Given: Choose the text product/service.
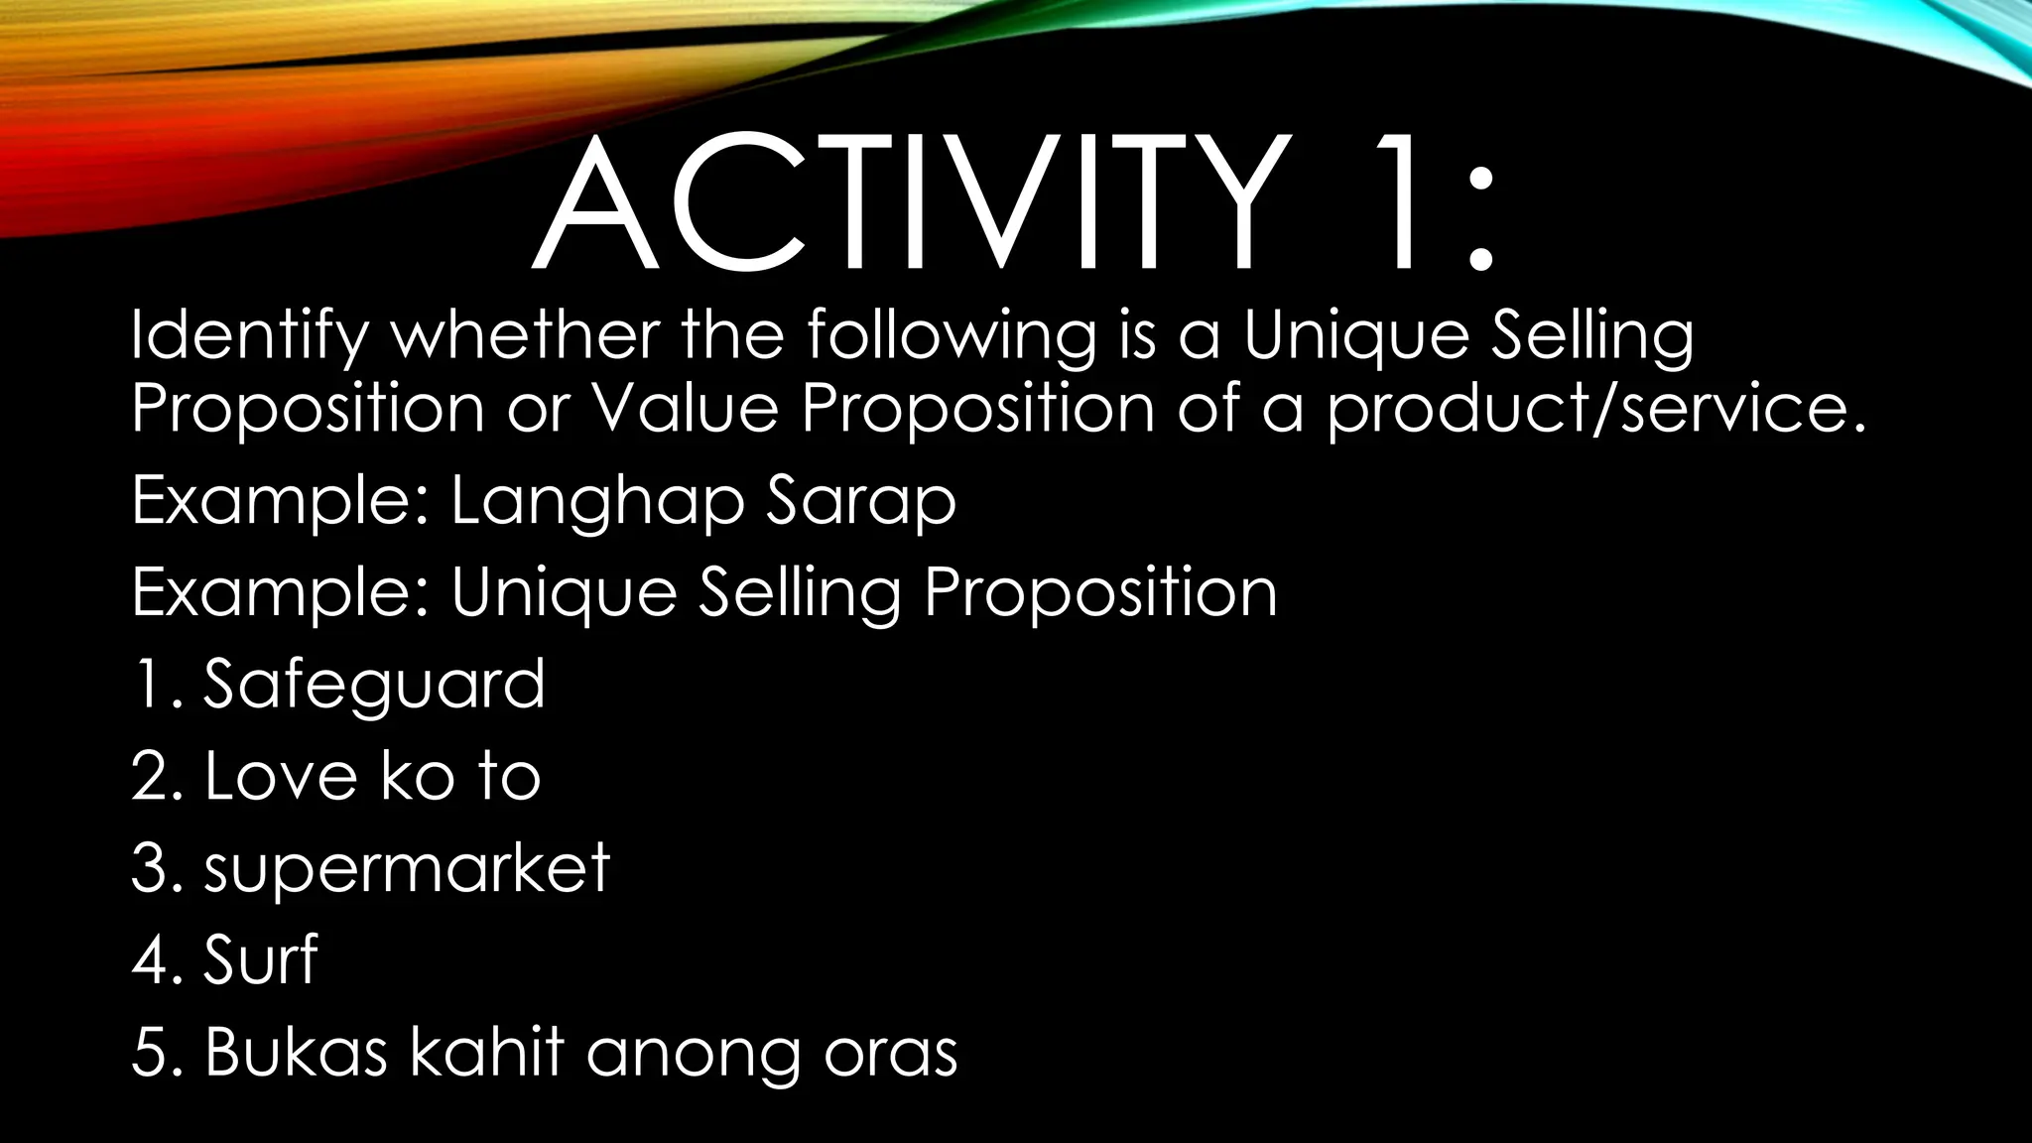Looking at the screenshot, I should pyautogui.click(x=1595, y=409).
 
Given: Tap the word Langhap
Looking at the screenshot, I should pyautogui.click(x=597, y=502).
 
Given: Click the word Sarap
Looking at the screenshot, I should pyautogui.click(x=860, y=502).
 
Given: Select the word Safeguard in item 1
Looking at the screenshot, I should pyautogui.click(x=374, y=685).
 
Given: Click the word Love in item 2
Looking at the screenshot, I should pyautogui.click(x=280, y=776).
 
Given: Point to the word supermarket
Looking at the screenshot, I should pyautogui.click(x=407, y=869).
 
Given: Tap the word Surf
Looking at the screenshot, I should pyautogui.click(x=260, y=959).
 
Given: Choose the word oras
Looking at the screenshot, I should pyautogui.click(x=890, y=1054).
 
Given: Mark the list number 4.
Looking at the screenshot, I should pyautogui.click(x=157, y=960).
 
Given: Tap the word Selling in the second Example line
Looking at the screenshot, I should pyautogui.click(x=800, y=594).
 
